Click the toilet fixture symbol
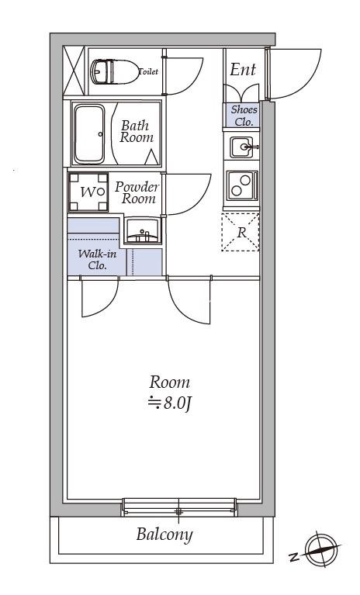(115, 71)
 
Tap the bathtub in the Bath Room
(89, 134)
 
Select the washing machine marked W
(88, 192)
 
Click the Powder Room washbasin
(143, 230)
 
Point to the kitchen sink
(241, 147)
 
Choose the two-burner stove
(242, 186)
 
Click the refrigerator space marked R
(241, 232)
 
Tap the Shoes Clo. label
(244, 116)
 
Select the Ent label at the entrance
(243, 70)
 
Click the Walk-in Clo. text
(97, 260)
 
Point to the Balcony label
(164, 534)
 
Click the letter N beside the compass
(293, 558)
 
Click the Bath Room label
(137, 131)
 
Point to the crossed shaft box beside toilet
(74, 71)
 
